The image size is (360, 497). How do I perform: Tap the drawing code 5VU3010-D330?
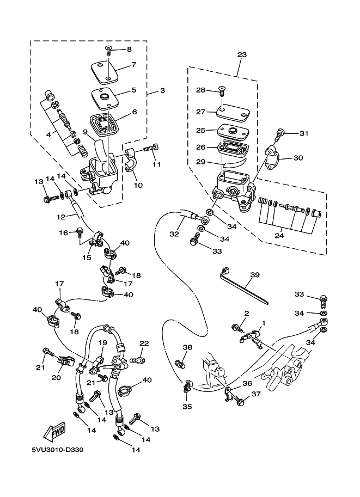(x=57, y=450)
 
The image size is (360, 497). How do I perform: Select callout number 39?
(x=255, y=275)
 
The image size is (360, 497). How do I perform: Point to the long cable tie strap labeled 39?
(x=243, y=286)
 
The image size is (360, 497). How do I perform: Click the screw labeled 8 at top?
(x=108, y=51)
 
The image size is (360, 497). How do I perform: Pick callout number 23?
(x=242, y=54)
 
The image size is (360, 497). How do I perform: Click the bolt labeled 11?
(x=151, y=148)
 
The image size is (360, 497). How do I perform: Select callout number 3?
(x=162, y=91)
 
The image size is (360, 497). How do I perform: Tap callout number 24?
(x=279, y=236)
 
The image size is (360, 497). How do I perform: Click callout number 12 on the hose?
(x=61, y=217)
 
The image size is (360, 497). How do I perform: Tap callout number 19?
(x=102, y=342)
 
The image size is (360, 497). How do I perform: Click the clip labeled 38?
(x=180, y=363)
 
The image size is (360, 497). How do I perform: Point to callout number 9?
(x=85, y=131)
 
